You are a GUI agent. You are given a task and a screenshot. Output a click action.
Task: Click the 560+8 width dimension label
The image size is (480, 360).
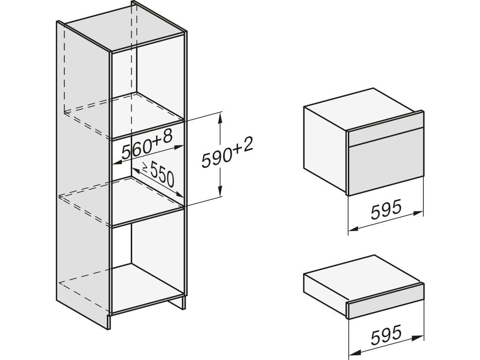click(147, 144)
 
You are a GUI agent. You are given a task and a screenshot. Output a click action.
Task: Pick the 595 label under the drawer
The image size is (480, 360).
click(386, 334)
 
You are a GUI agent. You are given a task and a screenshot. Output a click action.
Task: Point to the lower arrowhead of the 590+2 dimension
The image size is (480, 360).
click(220, 194)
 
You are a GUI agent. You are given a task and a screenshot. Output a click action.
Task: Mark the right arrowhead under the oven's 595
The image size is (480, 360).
click(420, 213)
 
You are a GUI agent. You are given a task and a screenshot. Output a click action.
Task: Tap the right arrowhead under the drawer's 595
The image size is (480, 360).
click(420, 336)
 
